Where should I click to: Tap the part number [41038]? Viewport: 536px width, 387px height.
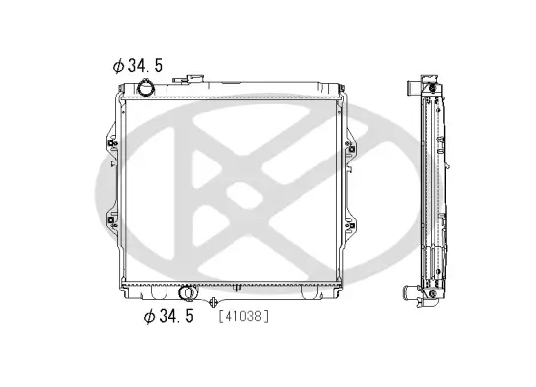(241, 317)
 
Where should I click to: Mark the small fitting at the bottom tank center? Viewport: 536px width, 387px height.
(236, 288)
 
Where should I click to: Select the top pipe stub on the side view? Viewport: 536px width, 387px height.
(431, 87)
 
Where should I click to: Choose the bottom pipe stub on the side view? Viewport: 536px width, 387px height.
(431, 292)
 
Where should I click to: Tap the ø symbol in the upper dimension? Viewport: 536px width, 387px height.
(118, 66)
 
